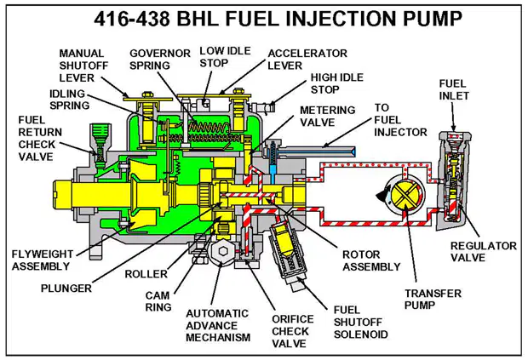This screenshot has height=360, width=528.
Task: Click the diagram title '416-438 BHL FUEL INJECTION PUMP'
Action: [278, 19]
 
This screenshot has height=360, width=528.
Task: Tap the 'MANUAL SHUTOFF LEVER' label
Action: [83, 66]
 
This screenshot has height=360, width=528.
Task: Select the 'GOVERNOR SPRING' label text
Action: [160, 60]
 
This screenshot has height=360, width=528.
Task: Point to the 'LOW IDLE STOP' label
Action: [225, 56]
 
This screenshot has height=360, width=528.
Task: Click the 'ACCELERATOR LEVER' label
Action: [307, 60]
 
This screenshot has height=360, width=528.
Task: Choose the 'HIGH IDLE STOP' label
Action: [336, 83]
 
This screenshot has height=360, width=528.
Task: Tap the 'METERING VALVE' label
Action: [328, 116]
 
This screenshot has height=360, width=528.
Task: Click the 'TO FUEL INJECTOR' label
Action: [400, 120]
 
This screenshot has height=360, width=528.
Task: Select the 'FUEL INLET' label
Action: [454, 89]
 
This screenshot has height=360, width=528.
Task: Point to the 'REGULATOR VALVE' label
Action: [484, 252]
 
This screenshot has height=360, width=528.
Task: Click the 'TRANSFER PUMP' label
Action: [433, 299]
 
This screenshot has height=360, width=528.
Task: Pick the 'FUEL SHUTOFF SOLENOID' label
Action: [360, 322]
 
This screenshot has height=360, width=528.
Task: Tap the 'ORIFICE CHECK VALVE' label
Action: [293, 331]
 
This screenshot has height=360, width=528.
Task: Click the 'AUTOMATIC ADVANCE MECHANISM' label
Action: [218, 325]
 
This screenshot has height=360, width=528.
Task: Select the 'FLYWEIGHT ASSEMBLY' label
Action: [43, 260]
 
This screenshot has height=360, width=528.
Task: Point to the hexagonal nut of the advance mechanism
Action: [223, 251]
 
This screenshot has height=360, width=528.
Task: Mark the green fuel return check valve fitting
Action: [100, 141]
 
